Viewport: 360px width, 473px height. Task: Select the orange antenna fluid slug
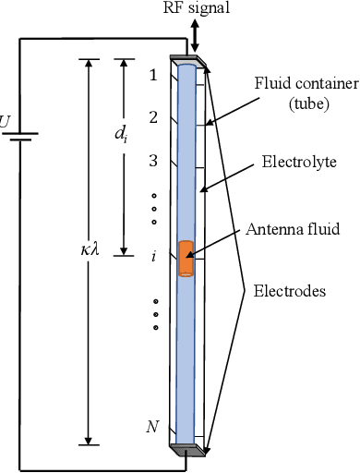coord(186,259)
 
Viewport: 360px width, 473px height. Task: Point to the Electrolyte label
coord(298,162)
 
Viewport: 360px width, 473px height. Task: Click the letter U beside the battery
coord(6,121)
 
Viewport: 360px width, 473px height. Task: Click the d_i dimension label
coord(120,134)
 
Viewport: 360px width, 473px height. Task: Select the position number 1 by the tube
coord(153,75)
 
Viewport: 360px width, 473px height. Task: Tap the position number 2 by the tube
coord(153,117)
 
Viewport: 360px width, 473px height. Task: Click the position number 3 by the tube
coord(153,160)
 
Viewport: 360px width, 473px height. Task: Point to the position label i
coord(153,256)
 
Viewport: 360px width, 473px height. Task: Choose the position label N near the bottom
coord(152,426)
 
